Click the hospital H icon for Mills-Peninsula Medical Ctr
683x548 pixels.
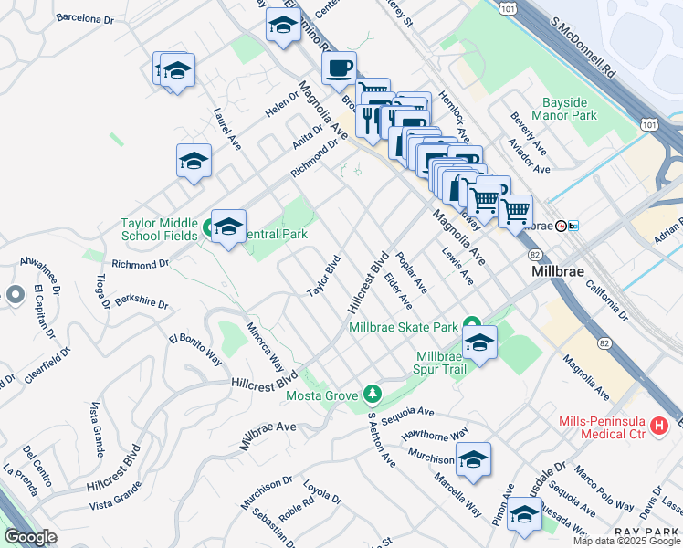(657, 425)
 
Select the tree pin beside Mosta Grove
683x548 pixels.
(372, 395)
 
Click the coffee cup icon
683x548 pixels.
(339, 67)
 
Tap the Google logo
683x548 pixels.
(30, 537)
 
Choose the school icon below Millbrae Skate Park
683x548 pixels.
(478, 343)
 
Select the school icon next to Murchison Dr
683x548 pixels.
(473, 460)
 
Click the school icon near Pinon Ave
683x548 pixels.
(523, 515)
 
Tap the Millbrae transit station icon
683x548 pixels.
(567, 227)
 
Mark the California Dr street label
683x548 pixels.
(607, 302)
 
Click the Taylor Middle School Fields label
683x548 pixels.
(159, 228)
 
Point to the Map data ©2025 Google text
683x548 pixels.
(626, 541)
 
